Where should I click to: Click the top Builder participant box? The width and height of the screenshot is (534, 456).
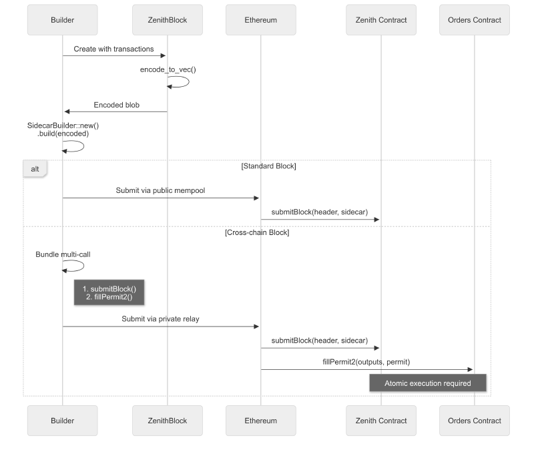tap(62, 20)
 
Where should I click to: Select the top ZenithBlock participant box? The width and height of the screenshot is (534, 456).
tap(168, 20)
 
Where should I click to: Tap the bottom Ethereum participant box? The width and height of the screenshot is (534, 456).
tap(260, 421)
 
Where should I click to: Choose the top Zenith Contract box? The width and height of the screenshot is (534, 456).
tap(380, 20)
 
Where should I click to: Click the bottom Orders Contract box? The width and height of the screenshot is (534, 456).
tap(474, 421)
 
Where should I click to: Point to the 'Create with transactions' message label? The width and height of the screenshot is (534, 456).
tap(113, 49)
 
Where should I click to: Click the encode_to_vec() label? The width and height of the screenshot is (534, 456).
tap(168, 69)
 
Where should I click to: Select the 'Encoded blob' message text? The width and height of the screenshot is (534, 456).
tap(116, 105)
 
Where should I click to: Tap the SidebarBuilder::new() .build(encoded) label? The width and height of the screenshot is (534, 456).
tap(63, 129)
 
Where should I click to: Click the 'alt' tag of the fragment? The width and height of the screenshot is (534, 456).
tap(35, 169)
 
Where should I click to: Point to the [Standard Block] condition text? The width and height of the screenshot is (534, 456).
tap(268, 166)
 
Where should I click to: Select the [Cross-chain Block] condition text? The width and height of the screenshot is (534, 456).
tap(257, 232)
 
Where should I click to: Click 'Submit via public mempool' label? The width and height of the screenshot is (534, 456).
tap(160, 190)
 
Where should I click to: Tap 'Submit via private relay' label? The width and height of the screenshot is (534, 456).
tap(160, 319)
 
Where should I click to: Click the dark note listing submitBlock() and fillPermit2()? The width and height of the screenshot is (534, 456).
tap(109, 292)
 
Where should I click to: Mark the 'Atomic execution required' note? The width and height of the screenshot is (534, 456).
tap(427, 383)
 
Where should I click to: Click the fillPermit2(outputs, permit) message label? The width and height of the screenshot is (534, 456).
tap(366, 362)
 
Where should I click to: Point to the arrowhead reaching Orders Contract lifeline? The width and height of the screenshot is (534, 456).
tap(470, 369)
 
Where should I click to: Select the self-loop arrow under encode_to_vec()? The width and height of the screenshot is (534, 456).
tap(180, 81)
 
